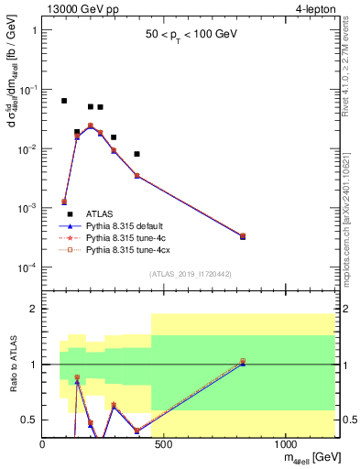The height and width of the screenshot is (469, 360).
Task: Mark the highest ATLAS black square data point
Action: [64, 101]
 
